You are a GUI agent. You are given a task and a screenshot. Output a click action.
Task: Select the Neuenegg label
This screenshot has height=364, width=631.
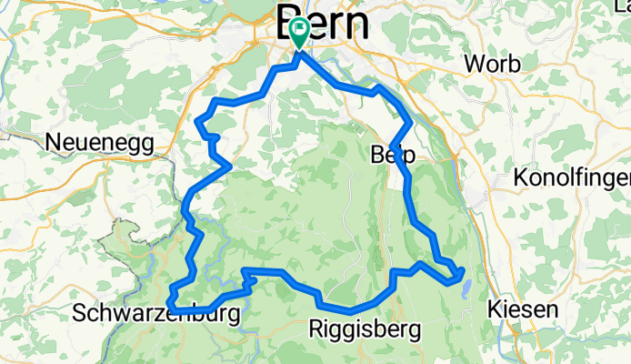tap(99, 143)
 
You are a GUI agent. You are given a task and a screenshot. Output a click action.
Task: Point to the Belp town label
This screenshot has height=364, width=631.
tap(392, 156)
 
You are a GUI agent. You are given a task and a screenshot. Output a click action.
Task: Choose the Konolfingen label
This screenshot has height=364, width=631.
tap(571, 179)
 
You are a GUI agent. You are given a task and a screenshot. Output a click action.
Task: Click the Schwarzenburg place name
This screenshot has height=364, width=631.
tap(157, 314)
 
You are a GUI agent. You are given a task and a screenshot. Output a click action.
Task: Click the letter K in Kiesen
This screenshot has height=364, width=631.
tap(494, 309)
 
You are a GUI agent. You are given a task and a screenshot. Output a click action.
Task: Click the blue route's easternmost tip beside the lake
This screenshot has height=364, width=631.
tap(464, 270)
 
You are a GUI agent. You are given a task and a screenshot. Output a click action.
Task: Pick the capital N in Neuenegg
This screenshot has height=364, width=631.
tap(52, 143)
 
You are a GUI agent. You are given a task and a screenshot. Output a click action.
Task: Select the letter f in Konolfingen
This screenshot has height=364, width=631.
tap(585, 179)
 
